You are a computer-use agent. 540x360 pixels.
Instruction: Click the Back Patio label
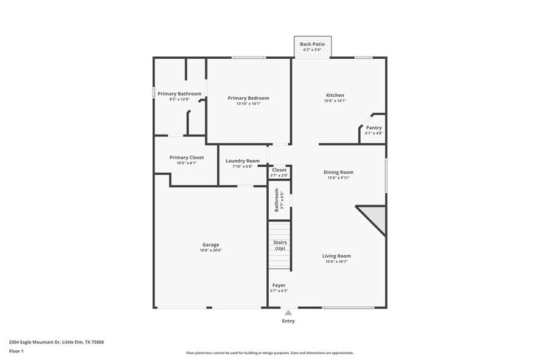pyautogui.click(x=312, y=44)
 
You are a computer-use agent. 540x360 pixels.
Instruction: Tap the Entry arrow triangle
pyautogui.click(x=288, y=312)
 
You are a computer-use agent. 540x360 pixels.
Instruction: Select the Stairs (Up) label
pyautogui.click(x=280, y=246)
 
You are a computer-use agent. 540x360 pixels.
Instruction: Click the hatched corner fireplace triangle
pyautogui.click(x=375, y=218)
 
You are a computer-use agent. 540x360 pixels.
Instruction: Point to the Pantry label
pyautogui.click(x=373, y=128)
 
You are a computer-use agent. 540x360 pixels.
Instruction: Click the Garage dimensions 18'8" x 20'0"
pyautogui.click(x=211, y=250)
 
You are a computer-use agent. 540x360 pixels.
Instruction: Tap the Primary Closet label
pyautogui.click(x=187, y=157)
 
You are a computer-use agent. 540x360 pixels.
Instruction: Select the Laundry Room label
pyautogui.click(x=242, y=161)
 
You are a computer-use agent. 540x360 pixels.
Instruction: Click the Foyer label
pyautogui.click(x=279, y=285)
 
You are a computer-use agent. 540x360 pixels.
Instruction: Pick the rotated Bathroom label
pyautogui.click(x=277, y=200)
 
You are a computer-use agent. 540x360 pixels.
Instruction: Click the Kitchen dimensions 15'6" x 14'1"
pyautogui.click(x=335, y=100)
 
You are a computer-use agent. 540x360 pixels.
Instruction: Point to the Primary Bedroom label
pyautogui.click(x=248, y=98)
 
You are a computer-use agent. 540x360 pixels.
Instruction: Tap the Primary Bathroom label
pyautogui.click(x=179, y=94)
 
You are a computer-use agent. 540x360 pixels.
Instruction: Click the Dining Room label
pyautogui.click(x=339, y=173)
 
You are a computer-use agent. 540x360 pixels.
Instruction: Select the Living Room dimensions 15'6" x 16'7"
pyautogui.click(x=337, y=261)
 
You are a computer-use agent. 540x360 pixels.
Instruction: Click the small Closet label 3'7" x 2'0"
pyautogui.click(x=279, y=170)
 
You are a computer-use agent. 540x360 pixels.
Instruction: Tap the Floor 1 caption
pyautogui.click(x=16, y=351)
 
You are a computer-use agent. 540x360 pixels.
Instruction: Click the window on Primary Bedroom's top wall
pyautogui.click(x=249, y=58)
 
